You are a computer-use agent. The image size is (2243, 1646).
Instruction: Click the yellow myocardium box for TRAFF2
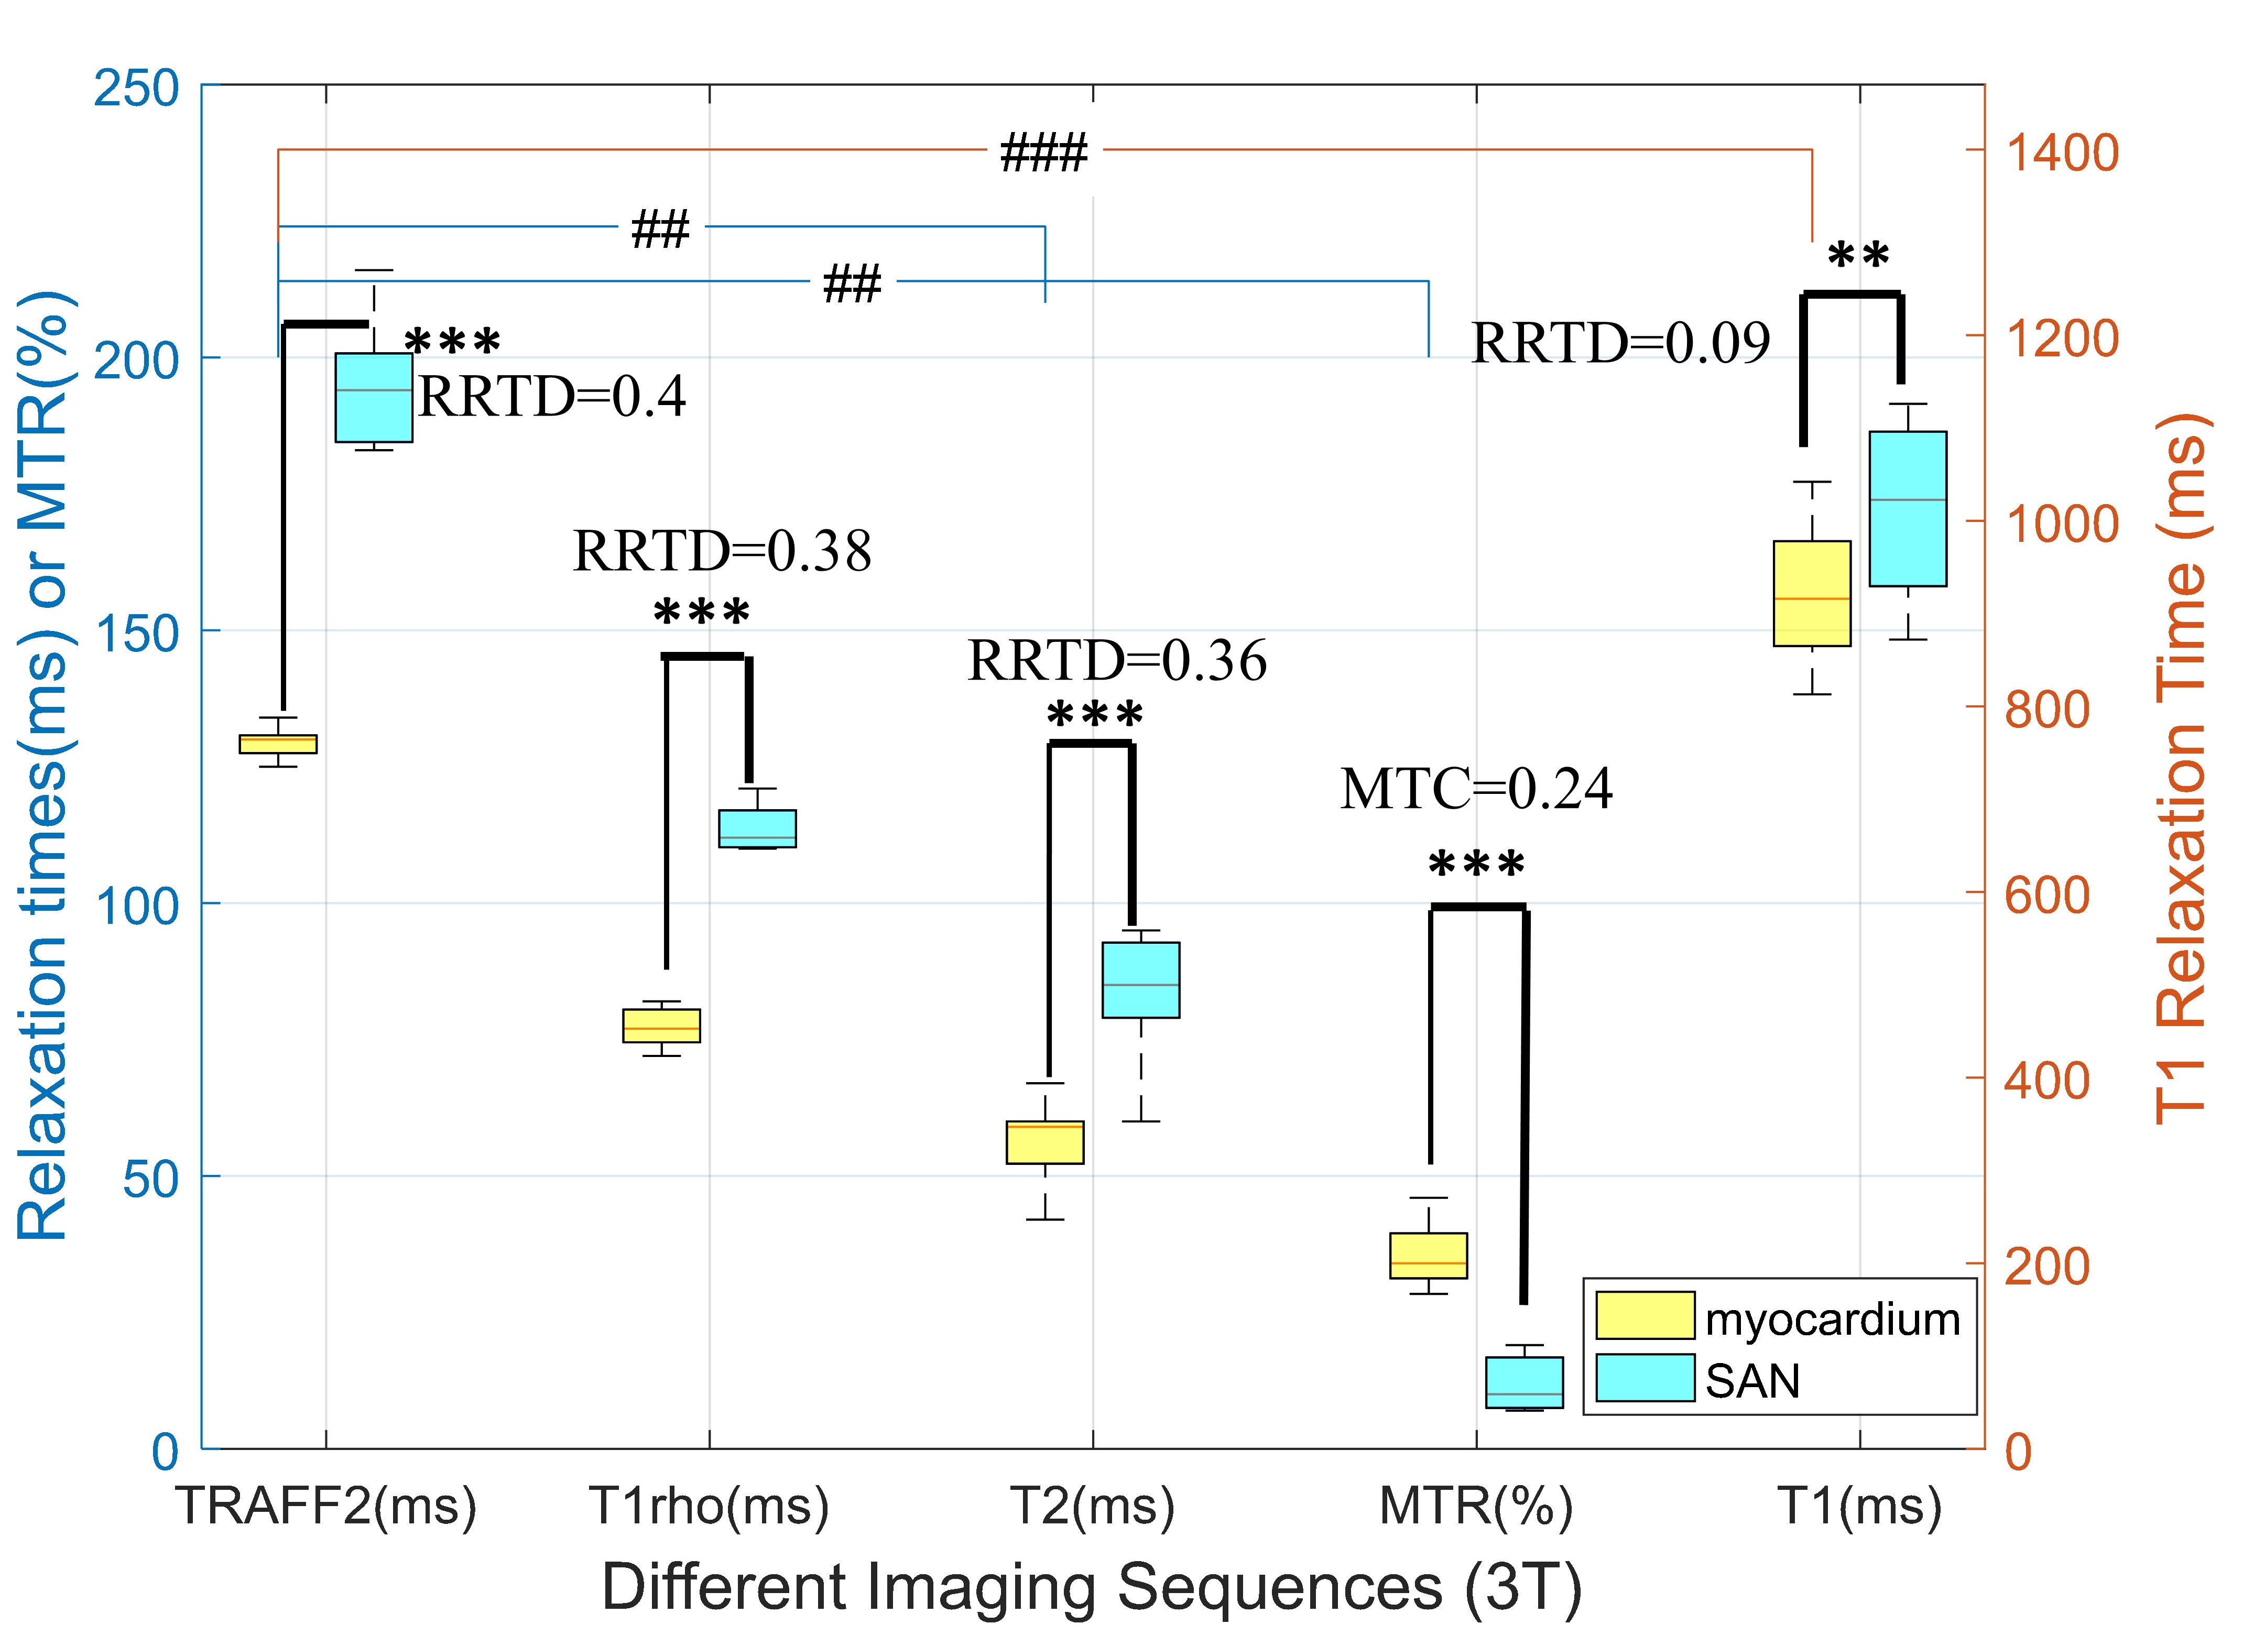click(x=278, y=743)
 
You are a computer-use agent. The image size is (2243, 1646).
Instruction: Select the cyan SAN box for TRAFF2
click(x=374, y=397)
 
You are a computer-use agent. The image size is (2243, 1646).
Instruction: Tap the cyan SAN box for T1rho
click(x=757, y=828)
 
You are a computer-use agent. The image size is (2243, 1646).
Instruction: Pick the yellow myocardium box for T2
click(x=1046, y=1142)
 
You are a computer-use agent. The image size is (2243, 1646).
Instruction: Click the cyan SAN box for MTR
click(x=1525, y=1382)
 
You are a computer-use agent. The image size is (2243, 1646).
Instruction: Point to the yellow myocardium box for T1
click(x=1812, y=594)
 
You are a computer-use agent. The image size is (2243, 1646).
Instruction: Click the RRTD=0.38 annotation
click(x=722, y=550)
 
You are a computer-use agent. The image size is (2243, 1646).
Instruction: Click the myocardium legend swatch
click(x=1645, y=1315)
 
